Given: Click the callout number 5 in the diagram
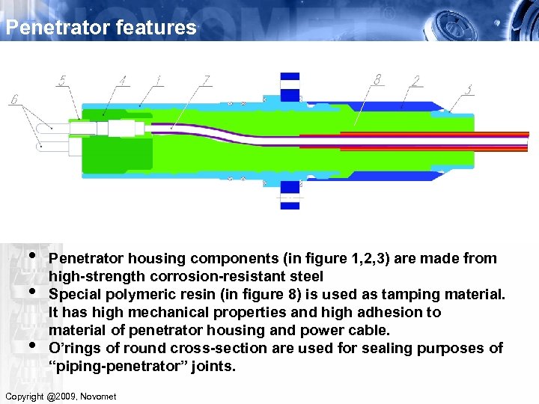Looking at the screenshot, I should point(61,81).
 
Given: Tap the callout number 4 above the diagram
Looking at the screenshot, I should point(123,79).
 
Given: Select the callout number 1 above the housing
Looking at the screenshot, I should point(158,79).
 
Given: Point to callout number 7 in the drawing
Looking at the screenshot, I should point(207,79).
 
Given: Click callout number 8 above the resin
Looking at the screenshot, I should point(378,79).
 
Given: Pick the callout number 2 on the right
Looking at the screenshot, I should point(416,80).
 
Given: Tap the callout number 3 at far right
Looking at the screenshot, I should point(469,90).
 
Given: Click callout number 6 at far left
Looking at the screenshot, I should point(14,100).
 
